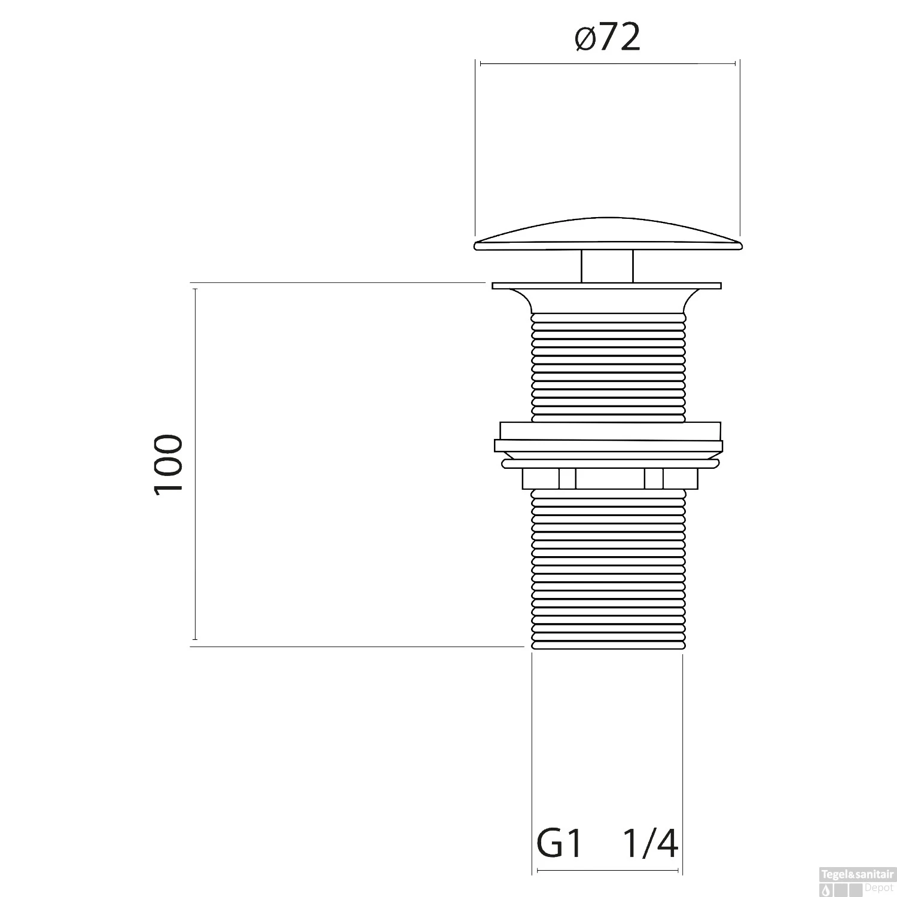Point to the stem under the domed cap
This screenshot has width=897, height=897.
click(x=607, y=266)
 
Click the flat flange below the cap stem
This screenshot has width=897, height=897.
click(x=607, y=286)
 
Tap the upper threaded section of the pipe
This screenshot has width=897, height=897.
click(x=607, y=365)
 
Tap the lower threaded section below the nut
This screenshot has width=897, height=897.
click(x=607, y=568)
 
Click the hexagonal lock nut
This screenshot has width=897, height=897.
click(x=610, y=478)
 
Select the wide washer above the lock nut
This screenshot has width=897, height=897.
click(x=608, y=446)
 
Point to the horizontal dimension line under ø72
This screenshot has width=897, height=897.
click(x=608, y=63)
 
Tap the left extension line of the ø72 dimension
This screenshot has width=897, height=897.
click(x=475, y=149)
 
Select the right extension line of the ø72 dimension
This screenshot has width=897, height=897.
click(x=740, y=149)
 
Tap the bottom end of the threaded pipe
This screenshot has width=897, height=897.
click(x=607, y=646)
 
